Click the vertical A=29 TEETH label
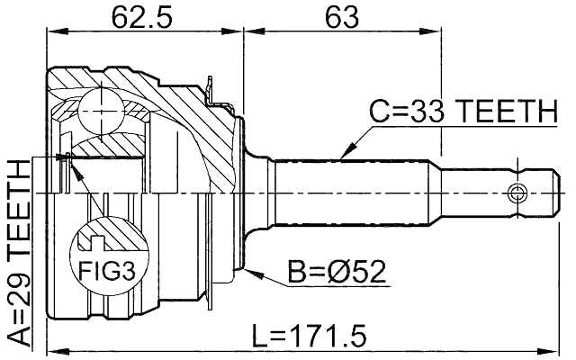[x=19, y=252]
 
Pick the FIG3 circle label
[x=104, y=269]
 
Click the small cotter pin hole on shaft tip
[x=517, y=193]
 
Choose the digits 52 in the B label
[x=370, y=271]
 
